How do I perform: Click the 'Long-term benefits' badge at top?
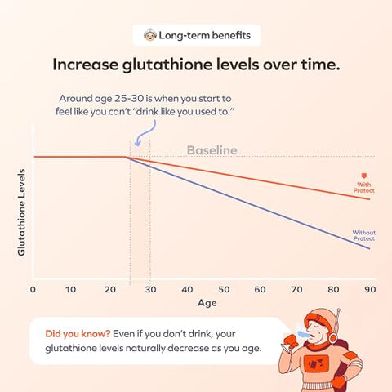pos(196,35)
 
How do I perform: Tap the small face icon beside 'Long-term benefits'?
pos(149,35)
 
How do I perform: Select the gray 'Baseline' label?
pos(212,150)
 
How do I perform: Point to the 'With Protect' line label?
pos(363,180)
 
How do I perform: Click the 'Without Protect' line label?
pos(363,235)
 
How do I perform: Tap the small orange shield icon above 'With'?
pos(363,173)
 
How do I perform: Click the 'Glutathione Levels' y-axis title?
pos(22,212)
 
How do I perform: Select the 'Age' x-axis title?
pos(200,304)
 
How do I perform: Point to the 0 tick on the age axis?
pos(33,289)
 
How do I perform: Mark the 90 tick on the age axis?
pos(369,289)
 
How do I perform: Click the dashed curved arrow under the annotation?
pos(136,138)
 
